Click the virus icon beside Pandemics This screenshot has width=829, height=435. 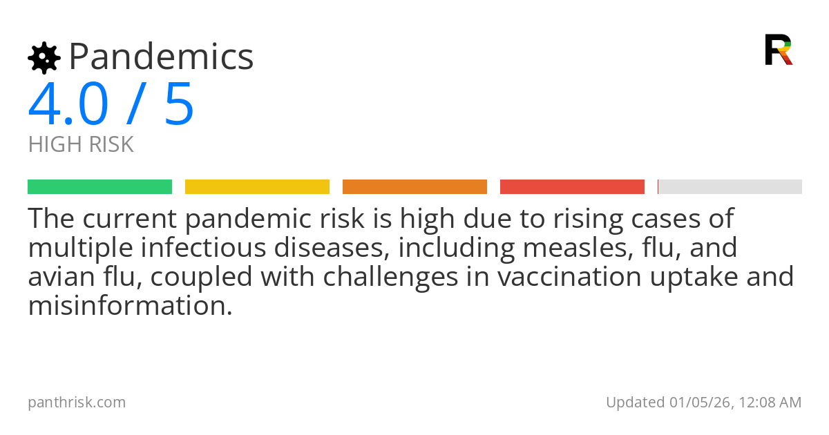(x=44, y=57)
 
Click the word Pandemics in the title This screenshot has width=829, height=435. (x=161, y=57)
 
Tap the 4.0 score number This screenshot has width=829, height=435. (x=68, y=104)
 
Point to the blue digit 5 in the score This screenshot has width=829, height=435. (x=180, y=104)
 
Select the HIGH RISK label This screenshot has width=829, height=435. (x=81, y=145)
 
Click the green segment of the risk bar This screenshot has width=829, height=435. (x=99, y=186)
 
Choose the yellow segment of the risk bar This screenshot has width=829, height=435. (x=257, y=186)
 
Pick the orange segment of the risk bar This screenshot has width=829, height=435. (x=414, y=186)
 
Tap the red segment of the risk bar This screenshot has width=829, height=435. (x=572, y=186)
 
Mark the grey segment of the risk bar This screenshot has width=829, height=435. (x=730, y=186)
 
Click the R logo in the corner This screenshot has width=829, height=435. (x=779, y=50)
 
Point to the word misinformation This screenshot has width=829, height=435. (x=130, y=305)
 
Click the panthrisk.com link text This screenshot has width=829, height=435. (x=77, y=402)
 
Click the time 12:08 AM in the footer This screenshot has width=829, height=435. (x=769, y=402)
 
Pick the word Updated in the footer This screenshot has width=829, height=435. (x=635, y=402)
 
